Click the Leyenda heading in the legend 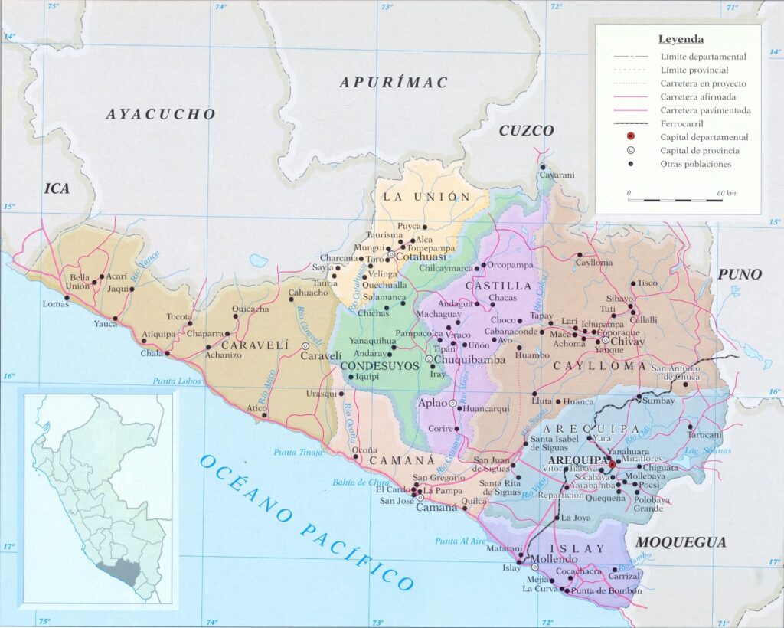[681, 39]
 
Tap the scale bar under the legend [675, 200]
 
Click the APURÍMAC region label [393, 83]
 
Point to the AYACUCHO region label [160, 114]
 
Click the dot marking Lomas [66, 299]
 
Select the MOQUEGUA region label [681, 542]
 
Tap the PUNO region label [740, 274]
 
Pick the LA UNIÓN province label [426, 197]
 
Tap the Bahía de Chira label [361, 482]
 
